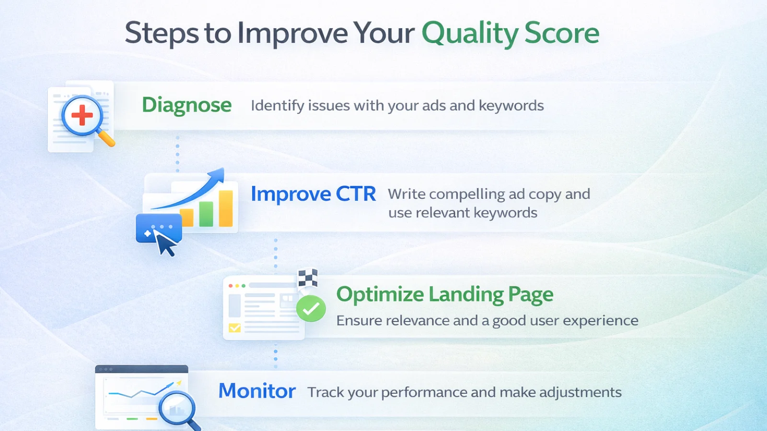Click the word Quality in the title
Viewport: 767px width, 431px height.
[469, 34]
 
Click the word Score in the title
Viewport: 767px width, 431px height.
[561, 34]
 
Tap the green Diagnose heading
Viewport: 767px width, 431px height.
[186, 105]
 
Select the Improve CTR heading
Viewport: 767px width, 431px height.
[313, 194]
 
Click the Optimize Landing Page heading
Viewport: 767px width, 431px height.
[444, 295]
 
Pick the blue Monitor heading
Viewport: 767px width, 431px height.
[256, 391]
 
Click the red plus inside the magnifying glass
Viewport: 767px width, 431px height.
[82, 115]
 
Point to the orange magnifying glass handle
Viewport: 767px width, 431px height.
[106, 138]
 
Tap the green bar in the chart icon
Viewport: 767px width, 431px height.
[206, 214]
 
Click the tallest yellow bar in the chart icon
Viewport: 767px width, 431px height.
[226, 208]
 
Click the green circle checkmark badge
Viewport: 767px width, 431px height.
[311, 308]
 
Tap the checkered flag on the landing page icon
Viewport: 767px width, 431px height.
[308, 278]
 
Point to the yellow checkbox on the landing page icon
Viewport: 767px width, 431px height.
[235, 328]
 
